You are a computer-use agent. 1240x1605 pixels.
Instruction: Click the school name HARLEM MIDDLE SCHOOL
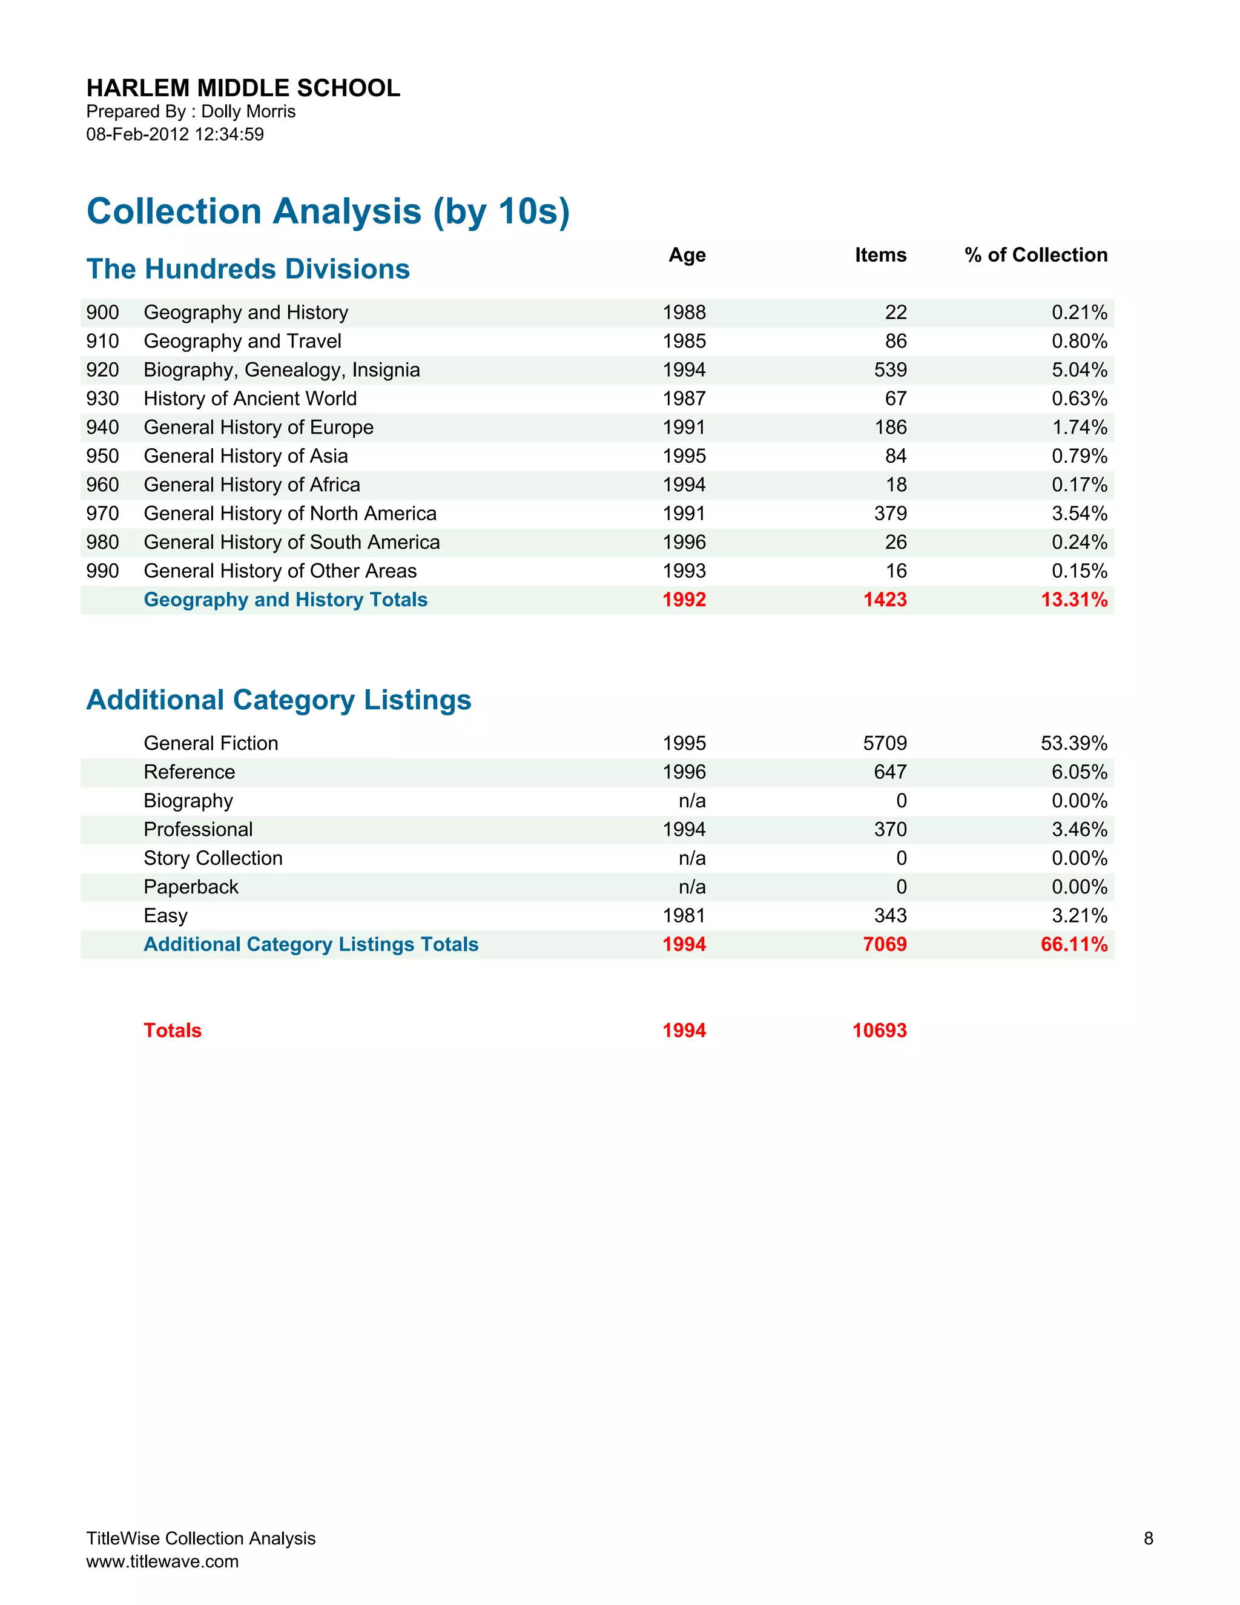(243, 88)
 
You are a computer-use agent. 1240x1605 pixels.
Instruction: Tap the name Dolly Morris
(248, 111)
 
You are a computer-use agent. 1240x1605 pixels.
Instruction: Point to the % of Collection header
(1036, 255)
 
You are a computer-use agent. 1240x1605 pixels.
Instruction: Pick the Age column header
(687, 255)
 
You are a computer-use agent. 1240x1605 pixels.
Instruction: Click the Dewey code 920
(102, 369)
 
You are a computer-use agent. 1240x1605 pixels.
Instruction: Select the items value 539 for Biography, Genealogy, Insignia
(890, 369)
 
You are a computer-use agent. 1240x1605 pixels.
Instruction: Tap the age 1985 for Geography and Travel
(684, 341)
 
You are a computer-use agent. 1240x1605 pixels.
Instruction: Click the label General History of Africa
(252, 485)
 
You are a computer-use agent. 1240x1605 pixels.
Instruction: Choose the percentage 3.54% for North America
(1079, 514)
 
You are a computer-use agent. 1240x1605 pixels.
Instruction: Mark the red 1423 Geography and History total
(885, 600)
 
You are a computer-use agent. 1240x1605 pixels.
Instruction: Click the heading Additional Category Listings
(279, 700)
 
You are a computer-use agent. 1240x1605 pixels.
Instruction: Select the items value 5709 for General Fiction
(885, 743)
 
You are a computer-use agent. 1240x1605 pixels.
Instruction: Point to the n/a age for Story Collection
(692, 858)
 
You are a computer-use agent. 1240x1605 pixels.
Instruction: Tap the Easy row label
(166, 916)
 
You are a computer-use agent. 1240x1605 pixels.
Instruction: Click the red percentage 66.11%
(1074, 944)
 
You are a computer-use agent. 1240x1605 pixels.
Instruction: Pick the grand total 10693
(879, 1030)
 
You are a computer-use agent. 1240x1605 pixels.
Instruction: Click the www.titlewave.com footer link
(162, 1561)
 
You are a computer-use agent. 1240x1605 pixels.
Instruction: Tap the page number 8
(1148, 1538)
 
